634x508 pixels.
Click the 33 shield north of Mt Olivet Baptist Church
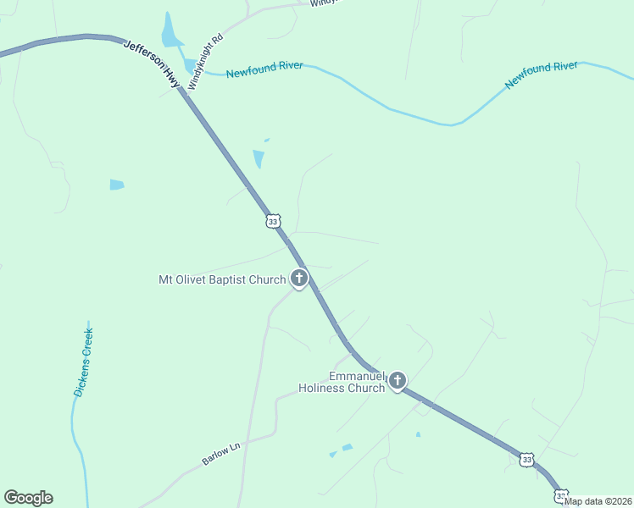click(x=272, y=221)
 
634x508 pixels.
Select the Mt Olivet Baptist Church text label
click(x=222, y=279)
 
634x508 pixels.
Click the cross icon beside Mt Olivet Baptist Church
click(x=298, y=278)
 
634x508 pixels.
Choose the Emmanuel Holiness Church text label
click(x=342, y=382)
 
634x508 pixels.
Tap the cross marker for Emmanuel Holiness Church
click(x=398, y=381)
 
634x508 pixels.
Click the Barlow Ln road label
click(x=222, y=451)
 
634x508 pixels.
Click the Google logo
click(x=28, y=498)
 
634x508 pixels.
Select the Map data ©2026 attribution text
click(x=598, y=501)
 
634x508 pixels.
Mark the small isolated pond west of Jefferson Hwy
click(x=116, y=185)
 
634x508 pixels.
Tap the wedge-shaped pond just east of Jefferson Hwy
click(x=259, y=158)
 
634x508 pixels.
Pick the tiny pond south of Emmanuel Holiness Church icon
click(x=418, y=435)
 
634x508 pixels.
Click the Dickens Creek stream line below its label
click(x=76, y=432)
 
